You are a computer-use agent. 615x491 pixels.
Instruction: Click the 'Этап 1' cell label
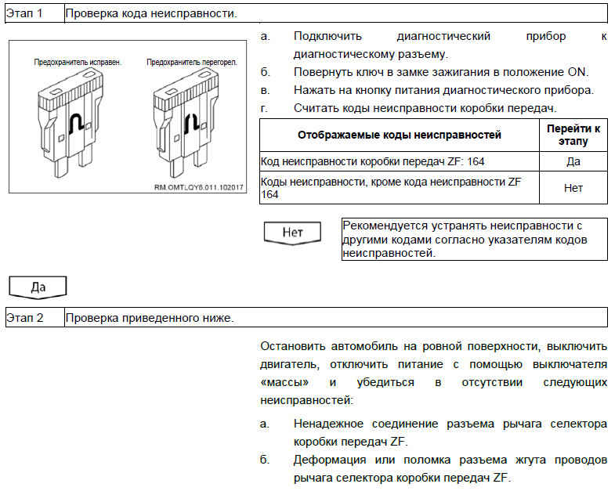[24, 13]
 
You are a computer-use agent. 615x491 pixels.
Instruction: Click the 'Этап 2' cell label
[25, 317]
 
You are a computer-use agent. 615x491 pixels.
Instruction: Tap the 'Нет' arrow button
[292, 233]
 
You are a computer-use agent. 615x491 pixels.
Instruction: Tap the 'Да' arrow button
[38, 287]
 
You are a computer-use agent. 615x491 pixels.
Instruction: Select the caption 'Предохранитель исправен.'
[78, 62]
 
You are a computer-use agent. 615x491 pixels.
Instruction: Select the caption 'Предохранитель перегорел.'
[192, 62]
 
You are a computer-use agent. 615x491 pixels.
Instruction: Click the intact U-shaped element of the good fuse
[76, 124]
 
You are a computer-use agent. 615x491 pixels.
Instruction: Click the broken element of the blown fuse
[192, 123]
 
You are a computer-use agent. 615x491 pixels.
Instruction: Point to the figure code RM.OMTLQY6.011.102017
[199, 187]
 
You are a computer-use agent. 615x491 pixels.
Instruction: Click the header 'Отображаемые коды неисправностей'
[400, 135]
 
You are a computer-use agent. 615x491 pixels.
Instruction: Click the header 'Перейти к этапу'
[573, 135]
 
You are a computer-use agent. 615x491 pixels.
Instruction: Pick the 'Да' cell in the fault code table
[573, 161]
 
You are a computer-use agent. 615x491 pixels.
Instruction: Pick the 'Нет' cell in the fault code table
[573, 188]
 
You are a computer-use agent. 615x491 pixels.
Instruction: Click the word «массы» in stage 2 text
[284, 382]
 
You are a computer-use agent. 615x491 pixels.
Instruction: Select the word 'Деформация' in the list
[330, 460]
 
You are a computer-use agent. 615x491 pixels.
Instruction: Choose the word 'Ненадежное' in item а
[329, 424]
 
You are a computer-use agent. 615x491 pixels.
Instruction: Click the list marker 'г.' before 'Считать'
[265, 108]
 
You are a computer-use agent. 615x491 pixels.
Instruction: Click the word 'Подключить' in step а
[328, 36]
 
